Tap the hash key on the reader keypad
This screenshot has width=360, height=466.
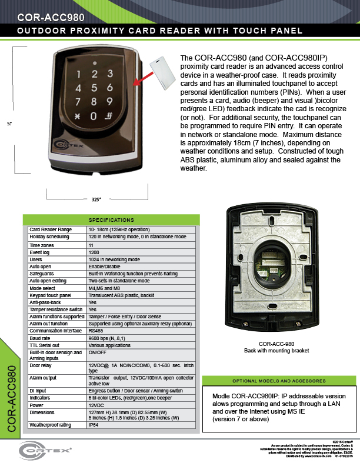click(109, 115)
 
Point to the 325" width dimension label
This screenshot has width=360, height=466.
click(97, 199)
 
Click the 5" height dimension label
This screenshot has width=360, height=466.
click(10, 124)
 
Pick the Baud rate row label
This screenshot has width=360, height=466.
click(41, 338)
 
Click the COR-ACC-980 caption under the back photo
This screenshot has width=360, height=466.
click(276, 344)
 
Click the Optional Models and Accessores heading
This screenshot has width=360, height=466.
click(278, 381)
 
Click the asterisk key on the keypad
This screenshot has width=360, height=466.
click(76, 116)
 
